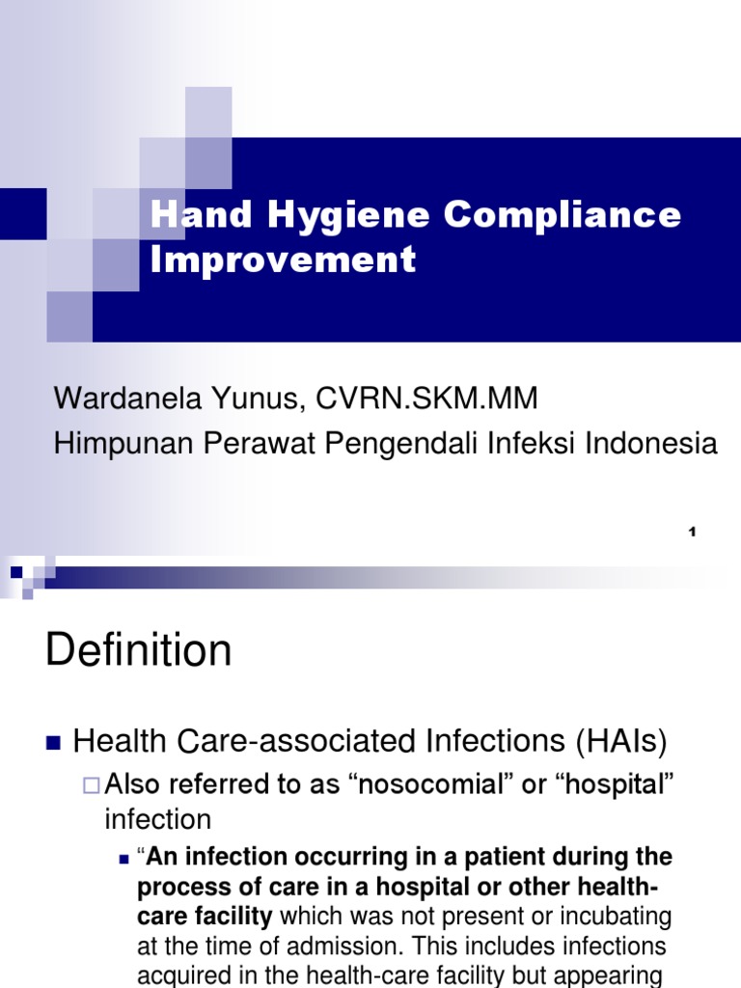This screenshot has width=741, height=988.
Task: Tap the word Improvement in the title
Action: point(283,260)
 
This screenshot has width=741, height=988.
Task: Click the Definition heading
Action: point(138,651)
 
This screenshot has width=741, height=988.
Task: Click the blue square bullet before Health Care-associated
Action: point(53,743)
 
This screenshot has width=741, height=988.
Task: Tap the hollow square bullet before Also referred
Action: point(91,786)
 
